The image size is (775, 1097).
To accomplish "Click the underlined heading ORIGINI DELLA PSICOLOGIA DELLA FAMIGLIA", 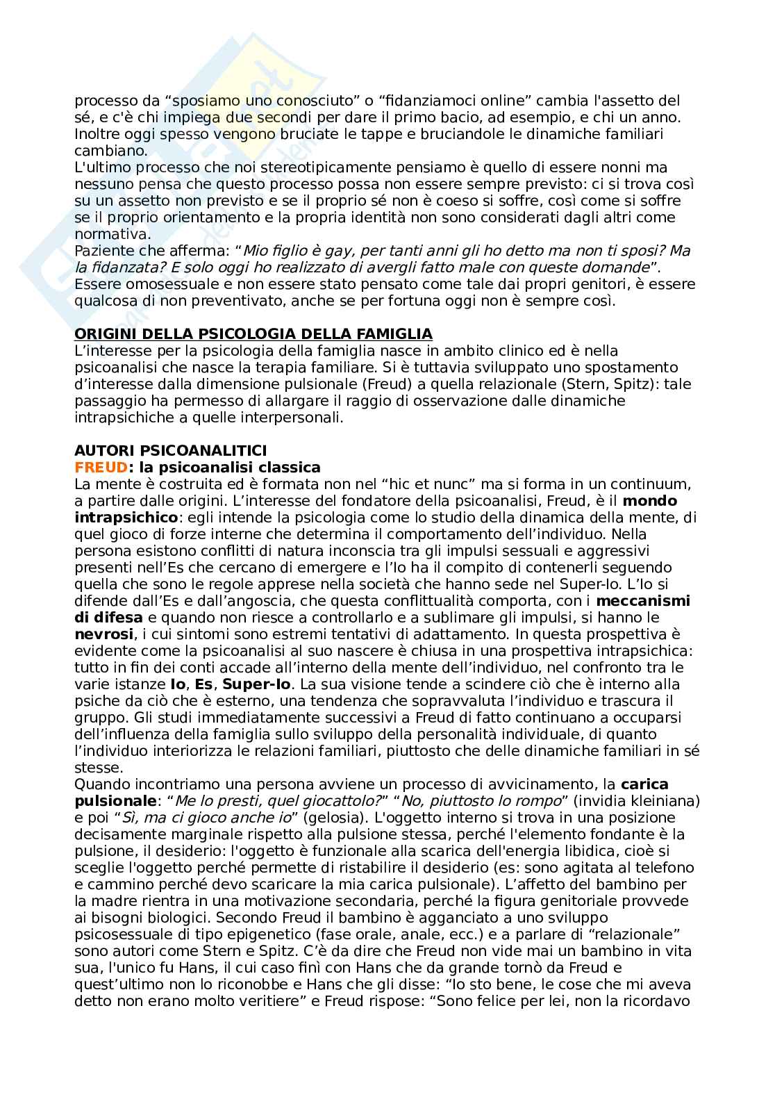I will click(253, 333).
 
